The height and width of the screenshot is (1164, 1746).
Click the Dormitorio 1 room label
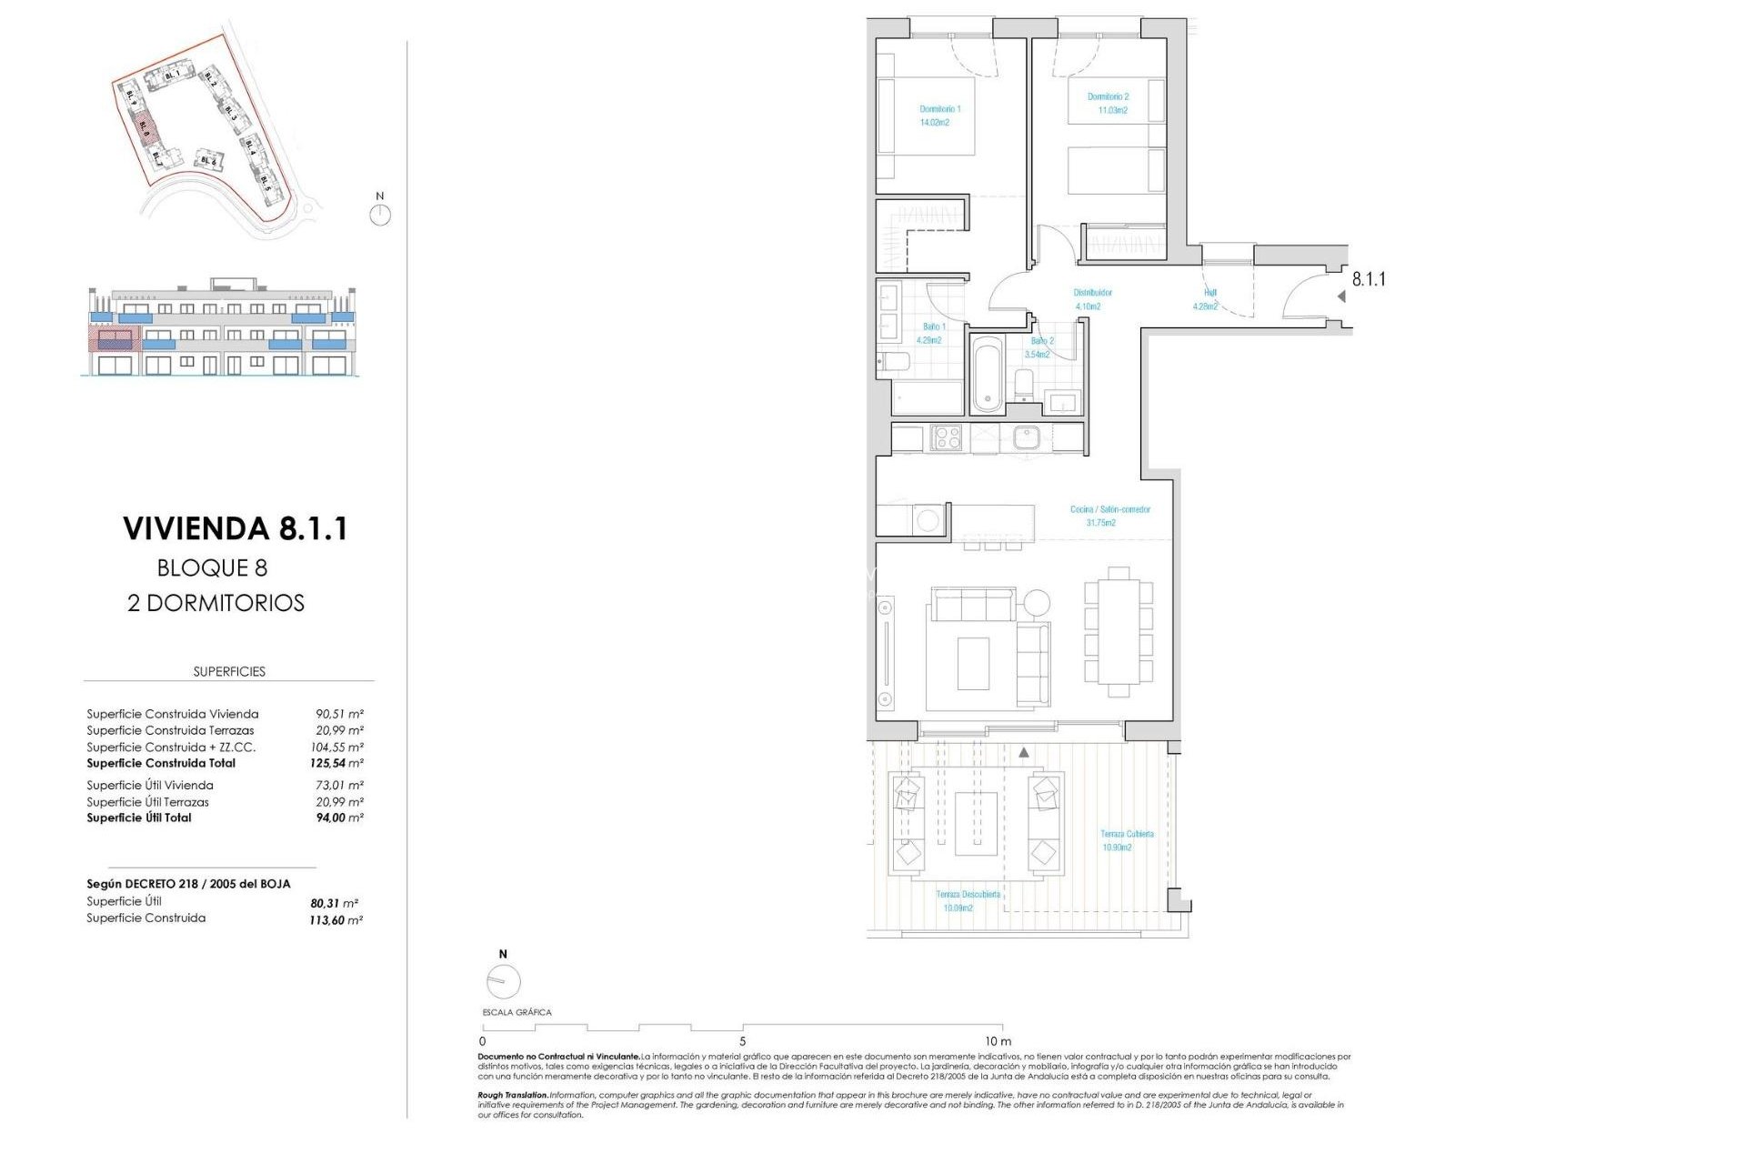coord(939,115)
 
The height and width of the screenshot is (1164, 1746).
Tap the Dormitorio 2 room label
coord(1108,103)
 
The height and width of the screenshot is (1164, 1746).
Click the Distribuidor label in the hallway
coord(1091,299)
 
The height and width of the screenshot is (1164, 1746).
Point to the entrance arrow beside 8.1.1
coord(1341,296)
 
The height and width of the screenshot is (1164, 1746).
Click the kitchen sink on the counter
coord(1026,438)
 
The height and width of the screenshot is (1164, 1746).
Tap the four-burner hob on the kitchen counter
coord(947,438)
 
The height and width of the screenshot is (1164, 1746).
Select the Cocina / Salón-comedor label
coord(1109,516)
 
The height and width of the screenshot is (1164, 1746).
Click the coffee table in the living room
coord(973,663)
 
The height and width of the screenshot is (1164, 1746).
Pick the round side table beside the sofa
coord(1036,602)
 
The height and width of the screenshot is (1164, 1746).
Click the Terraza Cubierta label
coord(1127,840)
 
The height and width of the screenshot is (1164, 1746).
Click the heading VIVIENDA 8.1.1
coord(235,528)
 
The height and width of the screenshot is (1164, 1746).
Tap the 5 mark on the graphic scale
coord(742,1041)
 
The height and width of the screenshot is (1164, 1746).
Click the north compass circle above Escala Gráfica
coord(503,981)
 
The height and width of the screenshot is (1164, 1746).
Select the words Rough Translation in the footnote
coord(513,1096)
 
